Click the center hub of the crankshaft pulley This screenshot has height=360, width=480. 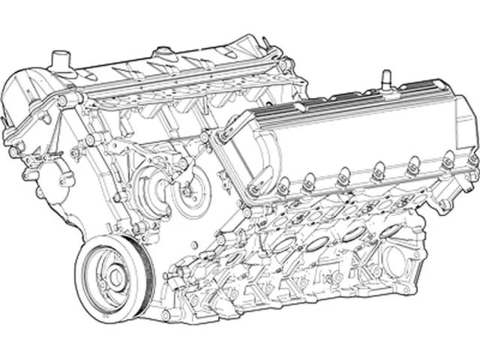[x=115, y=277]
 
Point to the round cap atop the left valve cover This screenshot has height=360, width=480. [x=160, y=52]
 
